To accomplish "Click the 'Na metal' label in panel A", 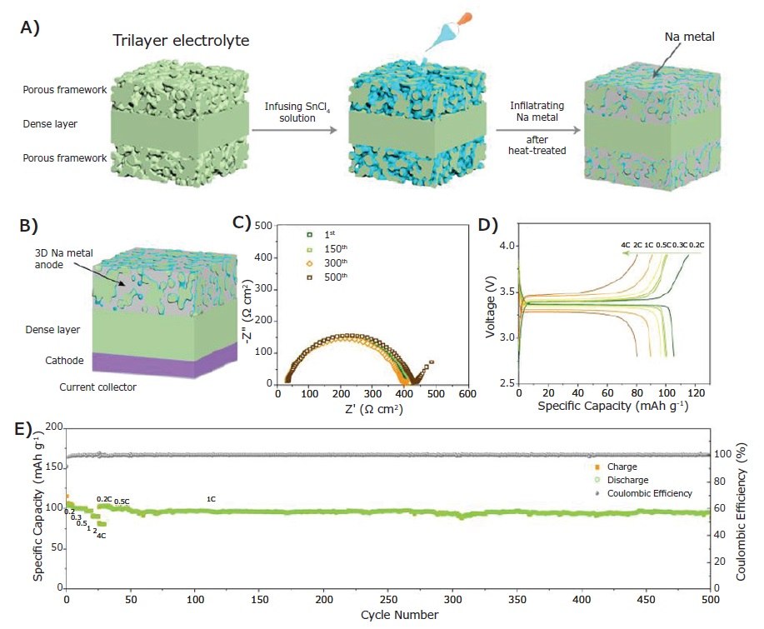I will tap(687, 38).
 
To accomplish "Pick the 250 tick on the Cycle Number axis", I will tap(388, 599).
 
